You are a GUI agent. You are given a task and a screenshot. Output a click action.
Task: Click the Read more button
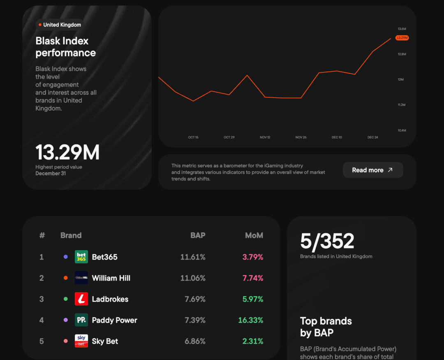click(x=372, y=170)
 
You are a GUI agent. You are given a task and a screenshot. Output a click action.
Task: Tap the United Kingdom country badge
click(x=60, y=25)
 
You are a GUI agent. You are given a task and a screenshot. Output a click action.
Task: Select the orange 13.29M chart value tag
click(x=402, y=38)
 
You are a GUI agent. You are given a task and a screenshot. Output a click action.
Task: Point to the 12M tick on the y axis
click(x=401, y=79)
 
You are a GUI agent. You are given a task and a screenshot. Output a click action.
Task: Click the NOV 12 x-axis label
click(x=265, y=137)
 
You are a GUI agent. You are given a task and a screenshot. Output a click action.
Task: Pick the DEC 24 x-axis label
click(x=373, y=137)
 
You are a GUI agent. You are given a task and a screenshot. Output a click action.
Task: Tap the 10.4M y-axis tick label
click(x=402, y=130)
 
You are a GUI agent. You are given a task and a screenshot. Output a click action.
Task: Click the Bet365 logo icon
click(x=81, y=257)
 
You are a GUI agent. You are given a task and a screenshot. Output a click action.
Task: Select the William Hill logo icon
click(x=81, y=278)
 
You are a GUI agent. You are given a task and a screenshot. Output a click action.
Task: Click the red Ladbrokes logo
click(x=81, y=299)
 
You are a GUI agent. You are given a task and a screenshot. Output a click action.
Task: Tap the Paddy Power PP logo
click(x=81, y=320)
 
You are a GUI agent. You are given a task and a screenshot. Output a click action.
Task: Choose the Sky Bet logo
click(x=81, y=341)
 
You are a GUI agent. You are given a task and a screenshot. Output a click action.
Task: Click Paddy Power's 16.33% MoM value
click(x=251, y=320)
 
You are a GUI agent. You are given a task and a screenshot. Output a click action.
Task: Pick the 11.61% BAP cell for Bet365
click(x=193, y=257)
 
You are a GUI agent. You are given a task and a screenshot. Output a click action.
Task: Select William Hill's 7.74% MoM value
click(x=253, y=278)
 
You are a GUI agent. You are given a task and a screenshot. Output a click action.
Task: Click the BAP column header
click(x=198, y=235)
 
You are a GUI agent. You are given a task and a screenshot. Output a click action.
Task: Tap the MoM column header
click(x=254, y=235)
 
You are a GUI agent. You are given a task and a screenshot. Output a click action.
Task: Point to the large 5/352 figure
click(x=327, y=242)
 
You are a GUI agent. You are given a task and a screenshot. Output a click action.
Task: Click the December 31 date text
click(x=51, y=174)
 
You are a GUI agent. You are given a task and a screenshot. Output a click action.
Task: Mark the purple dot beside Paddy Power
click(x=66, y=320)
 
